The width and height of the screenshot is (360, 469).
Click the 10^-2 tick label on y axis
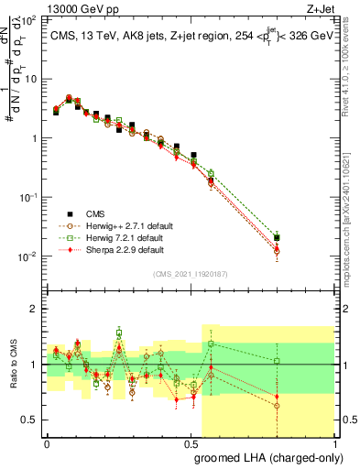28,256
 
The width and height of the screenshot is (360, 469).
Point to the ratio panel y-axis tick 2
36,309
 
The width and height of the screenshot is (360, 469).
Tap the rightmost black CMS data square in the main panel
277,238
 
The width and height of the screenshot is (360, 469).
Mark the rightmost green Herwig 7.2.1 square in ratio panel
277,361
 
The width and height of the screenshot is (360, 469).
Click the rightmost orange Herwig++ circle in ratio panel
277,406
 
